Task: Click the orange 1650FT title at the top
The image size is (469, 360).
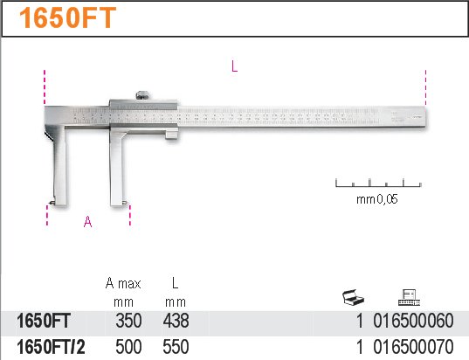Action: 67,18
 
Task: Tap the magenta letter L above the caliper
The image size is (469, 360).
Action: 234,66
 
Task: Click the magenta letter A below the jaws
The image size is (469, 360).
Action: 87,222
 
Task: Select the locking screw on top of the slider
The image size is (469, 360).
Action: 143,95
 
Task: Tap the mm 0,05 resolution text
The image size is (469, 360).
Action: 377,199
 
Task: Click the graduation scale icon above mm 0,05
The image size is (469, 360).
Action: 378,183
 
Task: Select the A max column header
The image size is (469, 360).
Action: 123,283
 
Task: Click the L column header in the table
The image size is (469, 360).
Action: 176,283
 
